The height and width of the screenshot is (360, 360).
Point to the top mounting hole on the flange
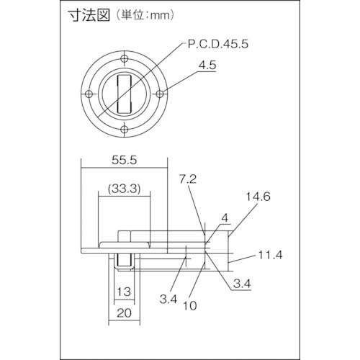tap(124, 57)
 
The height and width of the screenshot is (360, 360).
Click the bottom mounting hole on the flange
tap(124, 130)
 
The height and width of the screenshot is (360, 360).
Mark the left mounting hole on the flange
tap(87, 94)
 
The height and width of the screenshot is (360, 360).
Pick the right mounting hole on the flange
tap(161, 94)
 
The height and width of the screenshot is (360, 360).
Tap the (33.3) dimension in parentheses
tap(122, 188)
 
